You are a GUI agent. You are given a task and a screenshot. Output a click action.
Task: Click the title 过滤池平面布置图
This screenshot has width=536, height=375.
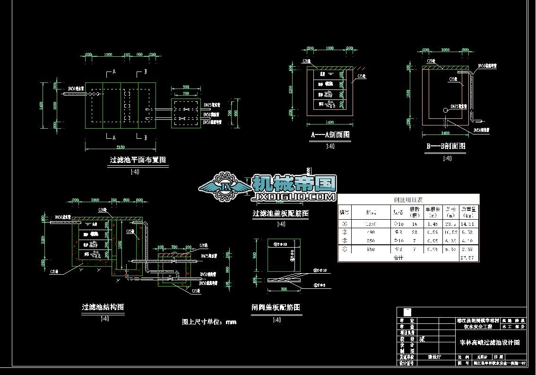[x=138, y=160]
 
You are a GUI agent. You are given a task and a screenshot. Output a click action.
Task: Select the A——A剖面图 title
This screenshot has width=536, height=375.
[x=330, y=135]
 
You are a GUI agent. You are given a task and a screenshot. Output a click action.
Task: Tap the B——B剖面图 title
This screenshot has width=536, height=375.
[x=446, y=146]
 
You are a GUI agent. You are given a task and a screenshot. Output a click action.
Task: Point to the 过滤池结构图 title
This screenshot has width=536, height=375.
[x=103, y=307]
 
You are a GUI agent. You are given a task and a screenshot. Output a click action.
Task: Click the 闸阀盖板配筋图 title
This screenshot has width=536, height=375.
[x=276, y=308]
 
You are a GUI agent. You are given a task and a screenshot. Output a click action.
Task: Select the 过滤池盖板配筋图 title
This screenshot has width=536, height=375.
[x=281, y=214]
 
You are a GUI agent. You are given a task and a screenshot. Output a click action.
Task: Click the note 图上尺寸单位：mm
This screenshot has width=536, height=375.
[x=209, y=322]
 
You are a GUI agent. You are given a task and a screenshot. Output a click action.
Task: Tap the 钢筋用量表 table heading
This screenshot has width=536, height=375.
[x=408, y=200]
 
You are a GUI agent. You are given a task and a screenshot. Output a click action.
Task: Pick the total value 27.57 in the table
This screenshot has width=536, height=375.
[x=468, y=258]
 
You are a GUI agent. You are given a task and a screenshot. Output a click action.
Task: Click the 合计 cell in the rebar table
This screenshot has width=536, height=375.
[x=399, y=258]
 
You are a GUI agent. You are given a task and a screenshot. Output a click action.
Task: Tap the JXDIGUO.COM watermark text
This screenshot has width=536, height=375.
[x=294, y=196]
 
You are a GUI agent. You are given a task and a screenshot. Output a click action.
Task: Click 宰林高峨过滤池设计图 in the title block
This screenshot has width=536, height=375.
[x=490, y=342]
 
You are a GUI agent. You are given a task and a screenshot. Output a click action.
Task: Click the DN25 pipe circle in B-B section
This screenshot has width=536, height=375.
[x=446, y=110]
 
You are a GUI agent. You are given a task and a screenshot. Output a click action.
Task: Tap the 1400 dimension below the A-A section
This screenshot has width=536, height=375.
[x=329, y=122]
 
